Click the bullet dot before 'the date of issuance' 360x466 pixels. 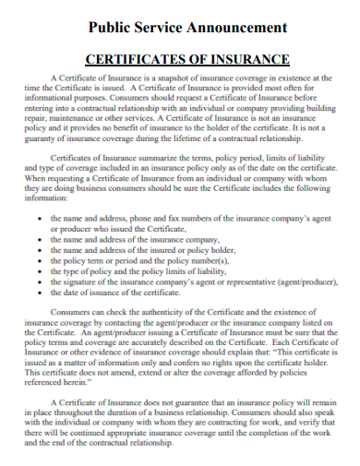click(39, 293)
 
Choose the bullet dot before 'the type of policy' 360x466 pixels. click(39, 273)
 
